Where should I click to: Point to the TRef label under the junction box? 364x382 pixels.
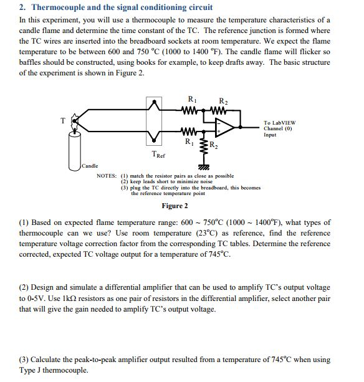coord(158,153)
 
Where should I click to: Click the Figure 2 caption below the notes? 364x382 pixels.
coord(175,206)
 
